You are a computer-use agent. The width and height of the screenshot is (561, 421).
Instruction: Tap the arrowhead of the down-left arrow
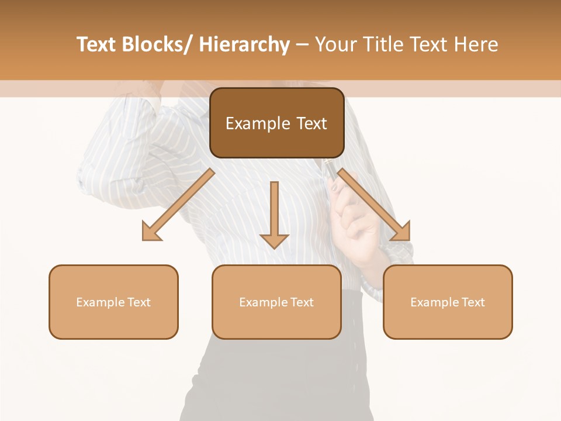151,232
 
